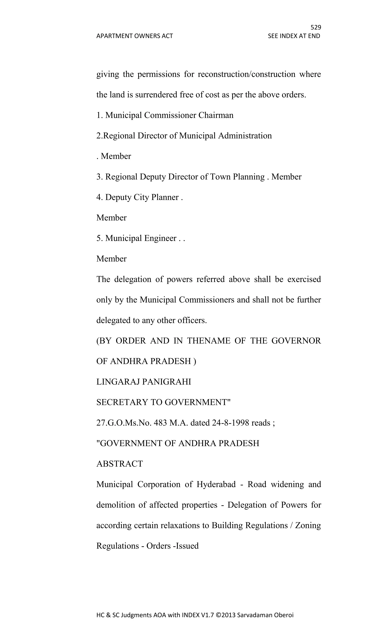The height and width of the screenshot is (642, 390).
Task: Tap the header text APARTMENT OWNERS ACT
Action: click(x=134, y=36)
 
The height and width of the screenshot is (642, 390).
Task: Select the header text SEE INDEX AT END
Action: click(x=294, y=36)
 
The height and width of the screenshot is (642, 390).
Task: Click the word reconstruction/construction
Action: click(x=246, y=74)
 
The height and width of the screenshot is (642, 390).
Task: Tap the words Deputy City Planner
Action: click(x=142, y=197)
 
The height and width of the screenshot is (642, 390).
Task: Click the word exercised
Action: click(x=304, y=279)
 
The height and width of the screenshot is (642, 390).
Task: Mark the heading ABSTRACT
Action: click(x=120, y=464)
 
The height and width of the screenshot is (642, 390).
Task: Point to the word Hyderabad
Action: click(x=216, y=484)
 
